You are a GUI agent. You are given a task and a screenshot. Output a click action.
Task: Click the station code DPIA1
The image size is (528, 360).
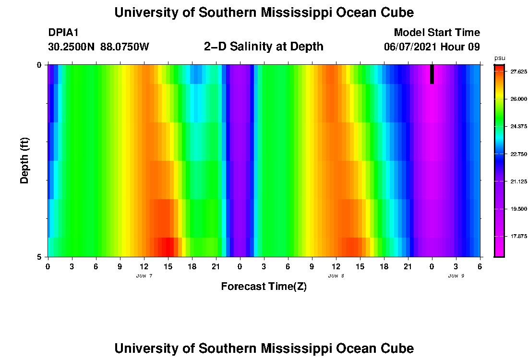click(63, 33)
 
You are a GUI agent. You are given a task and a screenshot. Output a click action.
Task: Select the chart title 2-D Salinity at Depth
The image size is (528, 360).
click(264, 47)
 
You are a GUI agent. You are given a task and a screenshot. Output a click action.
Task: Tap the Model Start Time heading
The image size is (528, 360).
click(436, 33)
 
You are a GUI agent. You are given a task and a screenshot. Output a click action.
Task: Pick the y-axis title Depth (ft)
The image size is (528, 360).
click(25, 161)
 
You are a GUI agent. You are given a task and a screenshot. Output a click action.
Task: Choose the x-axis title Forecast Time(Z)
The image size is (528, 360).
click(264, 287)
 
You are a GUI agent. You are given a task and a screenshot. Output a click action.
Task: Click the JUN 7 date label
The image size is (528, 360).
click(144, 276)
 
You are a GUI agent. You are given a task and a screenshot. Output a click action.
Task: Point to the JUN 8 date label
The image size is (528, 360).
click(336, 276)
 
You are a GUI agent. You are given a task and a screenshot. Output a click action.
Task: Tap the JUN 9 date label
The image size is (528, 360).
click(456, 276)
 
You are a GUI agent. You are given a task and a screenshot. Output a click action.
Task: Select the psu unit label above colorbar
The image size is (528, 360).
click(499, 58)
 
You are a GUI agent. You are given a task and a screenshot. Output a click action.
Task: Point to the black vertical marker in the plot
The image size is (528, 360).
click(432, 74)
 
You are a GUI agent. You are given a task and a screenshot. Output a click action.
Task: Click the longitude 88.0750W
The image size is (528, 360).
click(125, 47)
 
